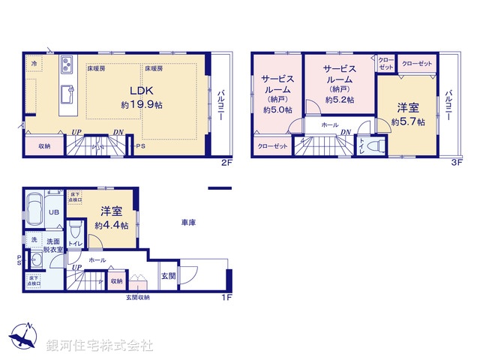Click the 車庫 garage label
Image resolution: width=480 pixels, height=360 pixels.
tap(189, 223)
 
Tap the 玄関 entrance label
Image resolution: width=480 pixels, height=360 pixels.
tap(168, 275)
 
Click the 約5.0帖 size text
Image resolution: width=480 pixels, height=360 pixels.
tap(276, 109)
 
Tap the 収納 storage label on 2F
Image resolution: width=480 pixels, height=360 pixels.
tap(45, 145)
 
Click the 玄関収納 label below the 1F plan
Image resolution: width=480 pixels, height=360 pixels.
tap(138, 298)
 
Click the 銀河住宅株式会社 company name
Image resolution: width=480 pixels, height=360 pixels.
tap(99, 346)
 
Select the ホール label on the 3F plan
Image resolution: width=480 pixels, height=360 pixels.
tap(328, 125)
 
